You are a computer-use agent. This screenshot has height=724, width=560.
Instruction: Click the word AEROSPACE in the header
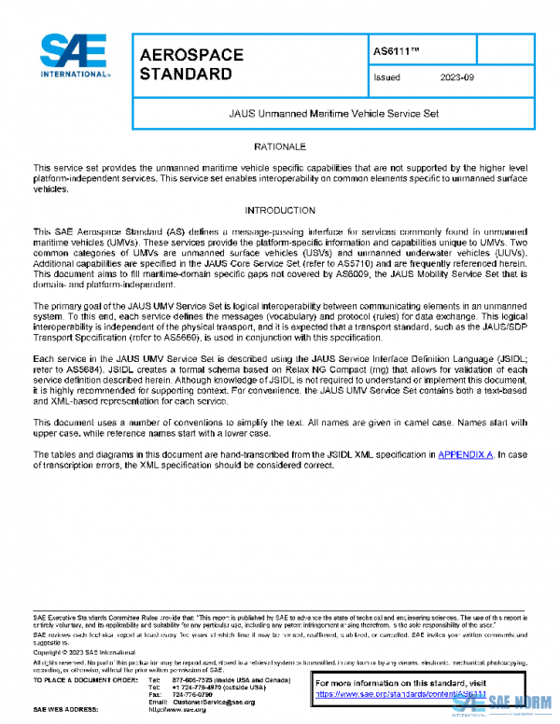point(191,55)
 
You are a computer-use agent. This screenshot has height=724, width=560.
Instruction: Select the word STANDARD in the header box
point(186,74)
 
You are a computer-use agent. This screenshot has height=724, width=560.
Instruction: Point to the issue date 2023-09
point(458,78)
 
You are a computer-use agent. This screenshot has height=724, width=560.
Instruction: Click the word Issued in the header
point(386,78)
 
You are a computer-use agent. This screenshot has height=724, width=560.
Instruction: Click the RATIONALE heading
point(279,147)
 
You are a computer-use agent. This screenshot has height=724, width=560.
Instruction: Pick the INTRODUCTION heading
point(279,210)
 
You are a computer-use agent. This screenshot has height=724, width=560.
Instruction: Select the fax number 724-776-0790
point(190,694)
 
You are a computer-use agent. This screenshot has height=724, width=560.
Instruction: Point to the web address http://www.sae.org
point(187,710)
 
